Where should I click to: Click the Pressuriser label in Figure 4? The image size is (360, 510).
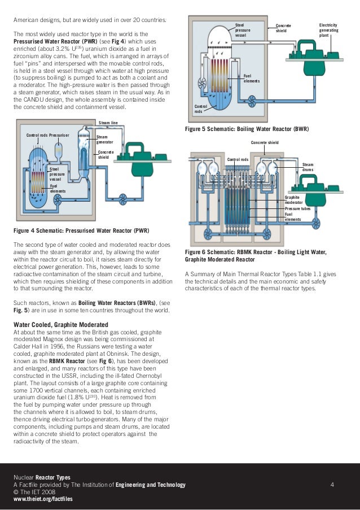coord(59,136)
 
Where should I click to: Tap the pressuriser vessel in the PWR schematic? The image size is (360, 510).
coord(59,150)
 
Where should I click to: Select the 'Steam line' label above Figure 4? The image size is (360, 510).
coord(108,123)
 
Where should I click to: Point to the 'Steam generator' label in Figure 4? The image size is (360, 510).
coord(105,139)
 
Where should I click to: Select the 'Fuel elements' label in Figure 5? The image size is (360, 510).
coord(251,79)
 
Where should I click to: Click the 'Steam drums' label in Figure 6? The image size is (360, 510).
coord(308,167)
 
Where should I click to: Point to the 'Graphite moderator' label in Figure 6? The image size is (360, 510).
coord(293,199)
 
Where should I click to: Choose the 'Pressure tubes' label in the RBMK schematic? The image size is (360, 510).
coord(297,208)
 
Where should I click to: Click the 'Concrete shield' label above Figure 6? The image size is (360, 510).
coord(265,143)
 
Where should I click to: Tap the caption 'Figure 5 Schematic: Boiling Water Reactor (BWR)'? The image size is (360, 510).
coord(247,129)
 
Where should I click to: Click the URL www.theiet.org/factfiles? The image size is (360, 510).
coord(43,499)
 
